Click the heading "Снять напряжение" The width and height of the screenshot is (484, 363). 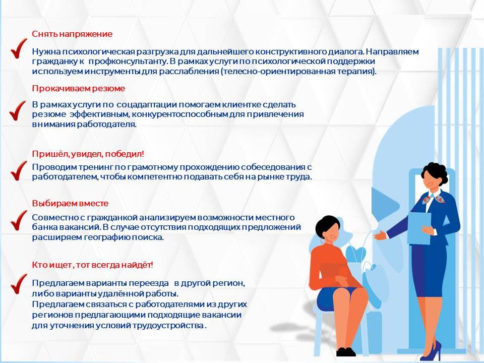tap(72, 34)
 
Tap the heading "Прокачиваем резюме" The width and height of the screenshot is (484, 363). tap(79, 88)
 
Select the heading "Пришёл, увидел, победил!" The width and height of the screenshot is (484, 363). tap(88, 154)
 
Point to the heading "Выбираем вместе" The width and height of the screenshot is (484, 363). tap(70, 203)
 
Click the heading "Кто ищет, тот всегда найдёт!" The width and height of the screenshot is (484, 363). tap(92, 265)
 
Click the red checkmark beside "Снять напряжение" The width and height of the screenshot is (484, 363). tap(19, 48)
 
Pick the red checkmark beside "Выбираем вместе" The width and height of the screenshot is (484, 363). tap(19, 219)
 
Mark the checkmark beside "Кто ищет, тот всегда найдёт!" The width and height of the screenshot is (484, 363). tap(19, 283)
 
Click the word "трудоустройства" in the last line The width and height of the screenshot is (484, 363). tap(171, 325)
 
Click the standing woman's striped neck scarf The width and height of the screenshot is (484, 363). tap(429, 197)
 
